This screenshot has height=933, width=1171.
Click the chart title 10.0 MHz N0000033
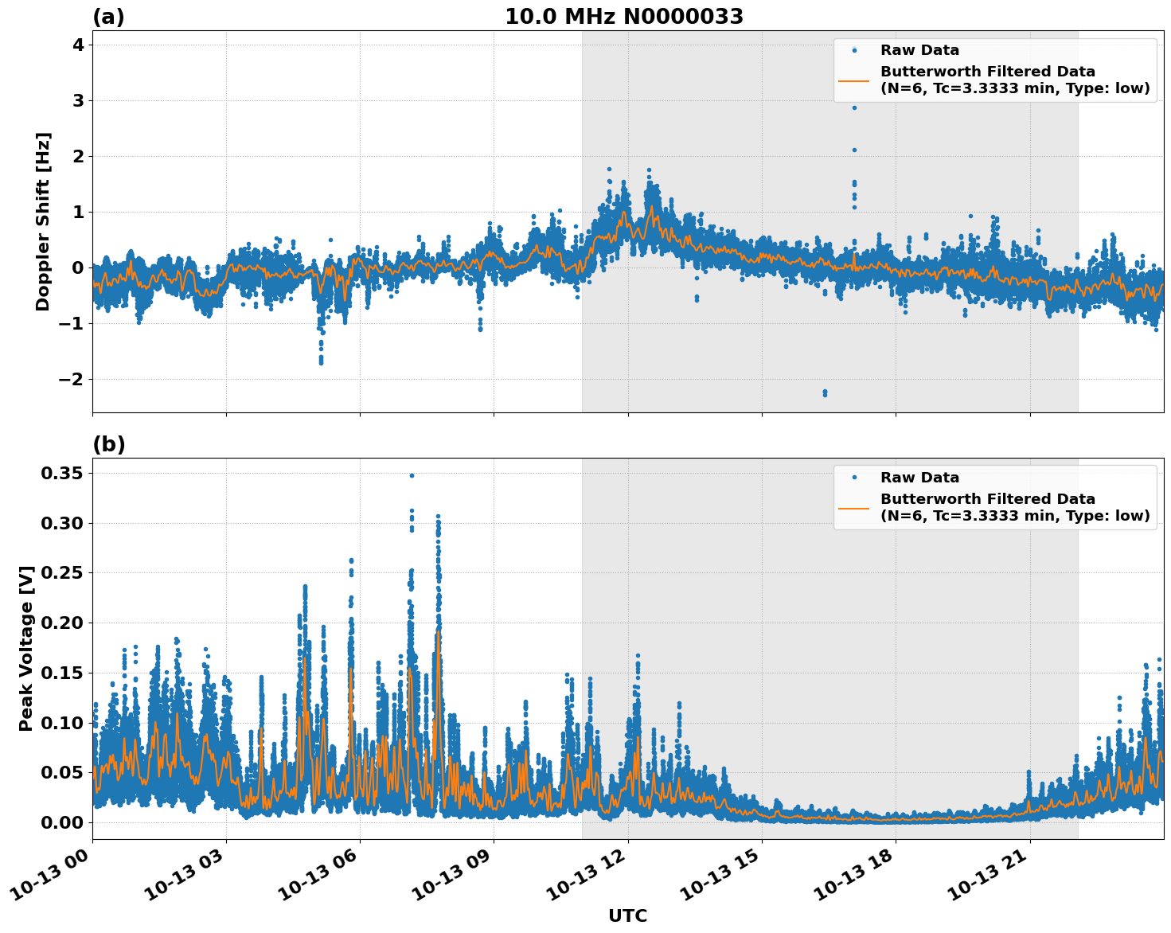coord(624,17)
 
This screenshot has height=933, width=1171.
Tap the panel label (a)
coord(108,17)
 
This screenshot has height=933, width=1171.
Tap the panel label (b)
coord(108,444)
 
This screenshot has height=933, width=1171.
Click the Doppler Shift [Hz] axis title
coord(43,221)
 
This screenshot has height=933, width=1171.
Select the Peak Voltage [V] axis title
coord(26,648)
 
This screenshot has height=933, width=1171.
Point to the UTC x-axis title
coord(627,915)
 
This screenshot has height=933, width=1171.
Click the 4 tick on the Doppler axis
coord(78,45)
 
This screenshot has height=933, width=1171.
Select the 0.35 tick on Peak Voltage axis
coord(63,474)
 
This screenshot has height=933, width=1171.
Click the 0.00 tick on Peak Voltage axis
coord(63,822)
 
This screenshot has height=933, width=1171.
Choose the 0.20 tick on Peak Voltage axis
coord(63,623)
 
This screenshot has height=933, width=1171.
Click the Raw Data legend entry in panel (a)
coord(919,50)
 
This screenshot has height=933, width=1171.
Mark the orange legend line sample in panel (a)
coord(854,80)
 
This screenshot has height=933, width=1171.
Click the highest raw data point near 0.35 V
coord(412,475)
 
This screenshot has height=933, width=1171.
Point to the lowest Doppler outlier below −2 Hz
coord(825,395)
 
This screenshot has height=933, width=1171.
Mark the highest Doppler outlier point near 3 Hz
coord(854,107)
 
